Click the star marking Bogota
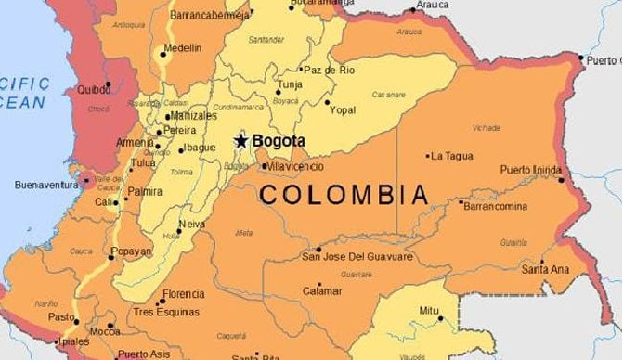(x=241, y=141)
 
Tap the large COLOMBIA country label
(x=344, y=195)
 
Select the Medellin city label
(x=182, y=48)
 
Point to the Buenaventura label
(x=46, y=185)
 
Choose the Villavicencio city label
(x=295, y=166)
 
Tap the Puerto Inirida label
(x=531, y=170)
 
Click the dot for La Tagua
(x=428, y=156)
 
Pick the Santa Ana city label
(x=545, y=269)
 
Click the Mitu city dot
(x=442, y=320)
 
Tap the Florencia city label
(x=183, y=295)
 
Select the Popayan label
(x=130, y=251)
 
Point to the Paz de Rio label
(x=330, y=71)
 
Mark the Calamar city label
(x=322, y=291)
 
